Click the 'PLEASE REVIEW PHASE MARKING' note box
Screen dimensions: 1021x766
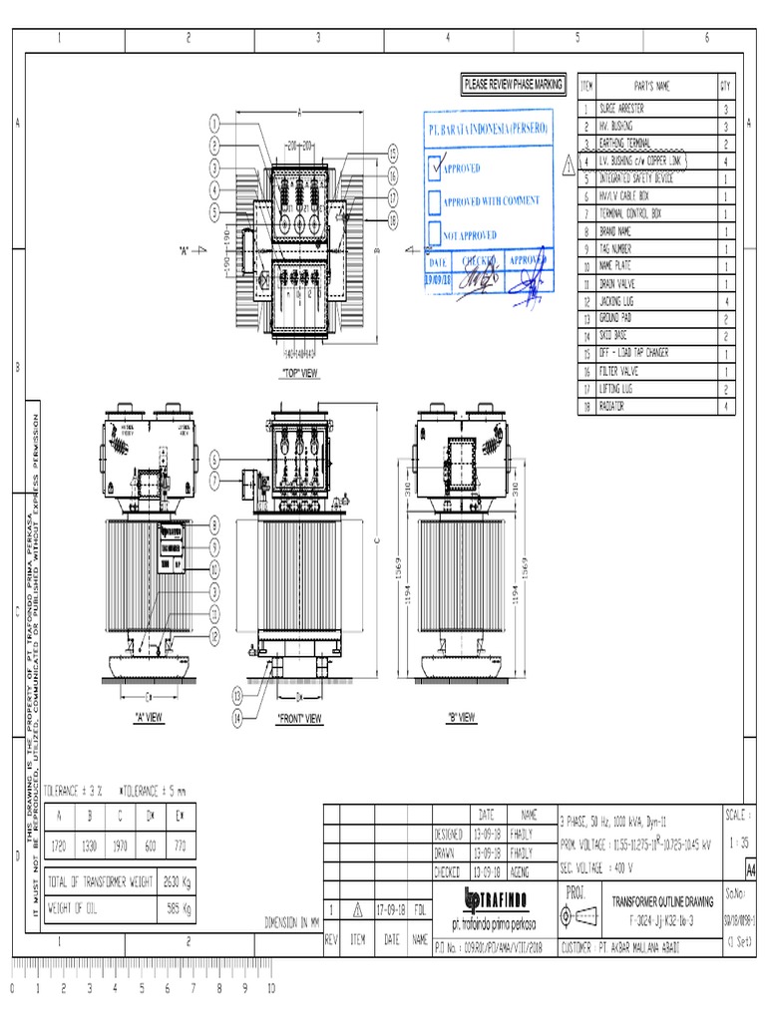[513, 85]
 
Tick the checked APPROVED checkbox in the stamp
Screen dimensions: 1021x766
[434, 168]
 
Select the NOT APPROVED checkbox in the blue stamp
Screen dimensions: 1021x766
[434, 234]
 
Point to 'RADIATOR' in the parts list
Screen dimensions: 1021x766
[613, 406]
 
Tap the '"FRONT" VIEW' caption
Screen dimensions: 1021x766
[298, 717]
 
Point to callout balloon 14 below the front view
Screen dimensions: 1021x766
[237, 717]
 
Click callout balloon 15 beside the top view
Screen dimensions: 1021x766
[393, 152]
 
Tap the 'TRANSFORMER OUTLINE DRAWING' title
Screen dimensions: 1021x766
[662, 900]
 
